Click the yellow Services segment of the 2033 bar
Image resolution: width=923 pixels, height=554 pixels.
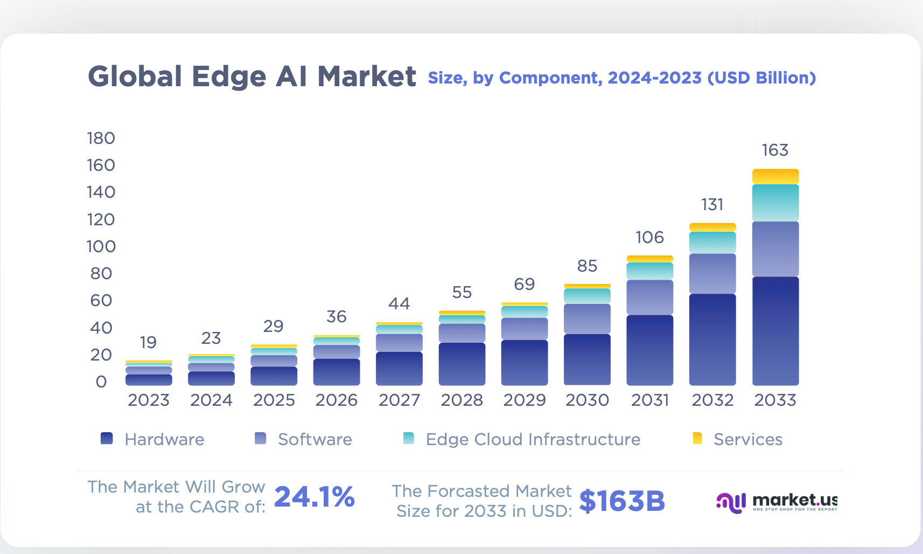click(x=775, y=177)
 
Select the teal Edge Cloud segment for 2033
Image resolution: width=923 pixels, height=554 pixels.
click(x=775, y=203)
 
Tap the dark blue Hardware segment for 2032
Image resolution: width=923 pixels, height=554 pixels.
click(x=712, y=340)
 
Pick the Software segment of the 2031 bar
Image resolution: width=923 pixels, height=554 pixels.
click(x=649, y=297)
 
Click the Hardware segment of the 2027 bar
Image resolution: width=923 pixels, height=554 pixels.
click(x=399, y=369)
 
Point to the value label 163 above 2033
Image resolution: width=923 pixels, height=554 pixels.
click(x=775, y=150)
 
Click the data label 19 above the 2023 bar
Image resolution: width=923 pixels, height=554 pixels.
click(x=148, y=343)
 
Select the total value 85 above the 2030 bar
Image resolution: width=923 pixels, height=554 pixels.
click(x=587, y=266)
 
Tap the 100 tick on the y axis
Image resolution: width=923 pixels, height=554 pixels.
click(x=101, y=247)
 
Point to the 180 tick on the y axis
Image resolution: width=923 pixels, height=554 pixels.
click(x=101, y=138)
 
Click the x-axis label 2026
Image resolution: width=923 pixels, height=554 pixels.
click(x=337, y=400)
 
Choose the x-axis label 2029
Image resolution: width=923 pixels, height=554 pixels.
click(x=524, y=400)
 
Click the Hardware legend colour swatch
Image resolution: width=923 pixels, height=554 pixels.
click(x=107, y=439)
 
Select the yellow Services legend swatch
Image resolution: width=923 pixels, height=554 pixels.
click(x=697, y=439)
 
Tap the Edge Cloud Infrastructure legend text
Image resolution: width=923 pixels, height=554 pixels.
click(x=533, y=440)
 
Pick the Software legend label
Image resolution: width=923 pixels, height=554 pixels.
click(x=314, y=440)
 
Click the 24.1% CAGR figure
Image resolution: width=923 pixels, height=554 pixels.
click(x=314, y=497)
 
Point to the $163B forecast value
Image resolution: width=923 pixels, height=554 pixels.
click(x=622, y=501)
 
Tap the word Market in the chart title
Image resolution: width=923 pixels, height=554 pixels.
click(x=367, y=77)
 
